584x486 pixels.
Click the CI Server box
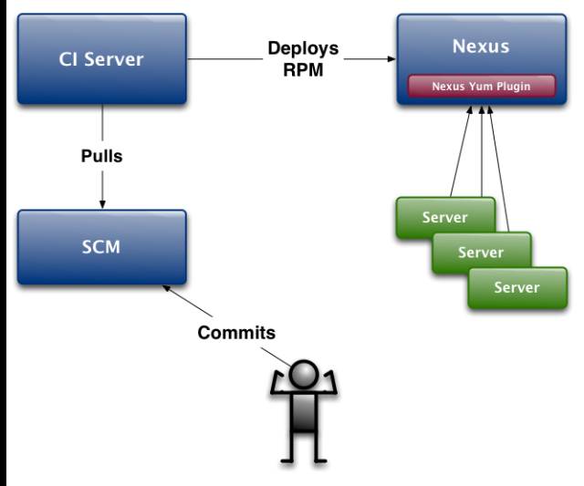(101, 58)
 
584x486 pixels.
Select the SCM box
(101, 247)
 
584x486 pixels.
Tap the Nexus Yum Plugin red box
(482, 87)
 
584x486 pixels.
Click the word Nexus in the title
(481, 47)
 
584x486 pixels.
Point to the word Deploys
(303, 48)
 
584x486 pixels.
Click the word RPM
(303, 69)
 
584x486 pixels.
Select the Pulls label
(101, 156)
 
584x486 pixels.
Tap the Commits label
(236, 333)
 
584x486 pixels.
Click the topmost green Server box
(446, 217)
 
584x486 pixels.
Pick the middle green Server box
(482, 253)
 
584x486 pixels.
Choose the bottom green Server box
(517, 287)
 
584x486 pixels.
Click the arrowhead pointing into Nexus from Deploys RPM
(391, 58)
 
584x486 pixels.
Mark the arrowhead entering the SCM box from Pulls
(102, 204)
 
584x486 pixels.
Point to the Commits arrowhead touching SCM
(166, 287)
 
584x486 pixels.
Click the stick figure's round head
(304, 374)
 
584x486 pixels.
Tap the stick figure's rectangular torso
(304, 412)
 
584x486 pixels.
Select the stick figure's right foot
(319, 461)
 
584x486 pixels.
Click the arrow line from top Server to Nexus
(462, 151)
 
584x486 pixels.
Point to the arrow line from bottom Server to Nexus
(499, 169)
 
